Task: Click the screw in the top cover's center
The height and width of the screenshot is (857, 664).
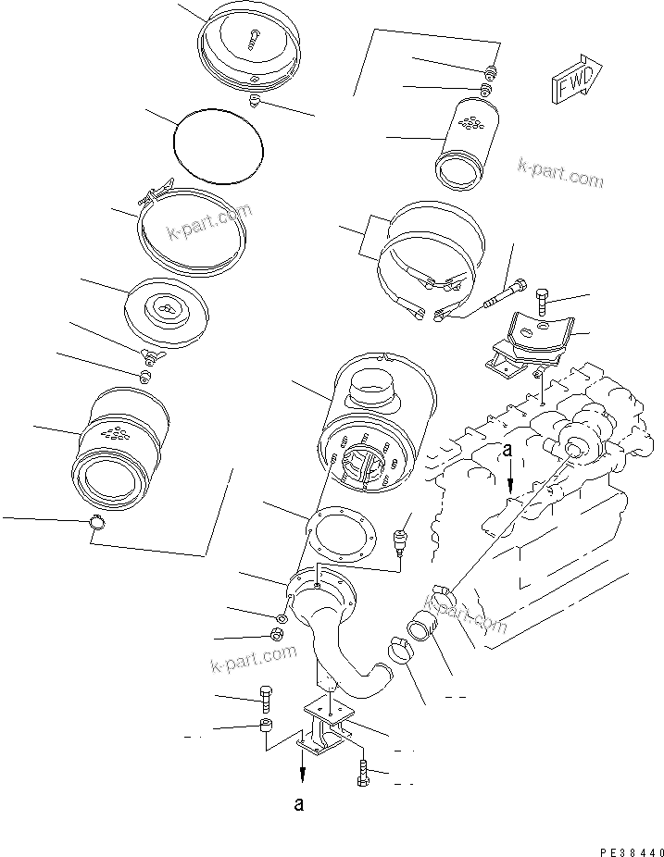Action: (256, 37)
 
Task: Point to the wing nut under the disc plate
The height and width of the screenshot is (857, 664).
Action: (148, 354)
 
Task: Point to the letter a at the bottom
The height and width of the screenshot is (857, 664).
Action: (299, 803)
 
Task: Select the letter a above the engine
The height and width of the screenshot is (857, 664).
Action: (507, 451)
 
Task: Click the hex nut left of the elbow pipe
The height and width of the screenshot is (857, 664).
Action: (275, 635)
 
